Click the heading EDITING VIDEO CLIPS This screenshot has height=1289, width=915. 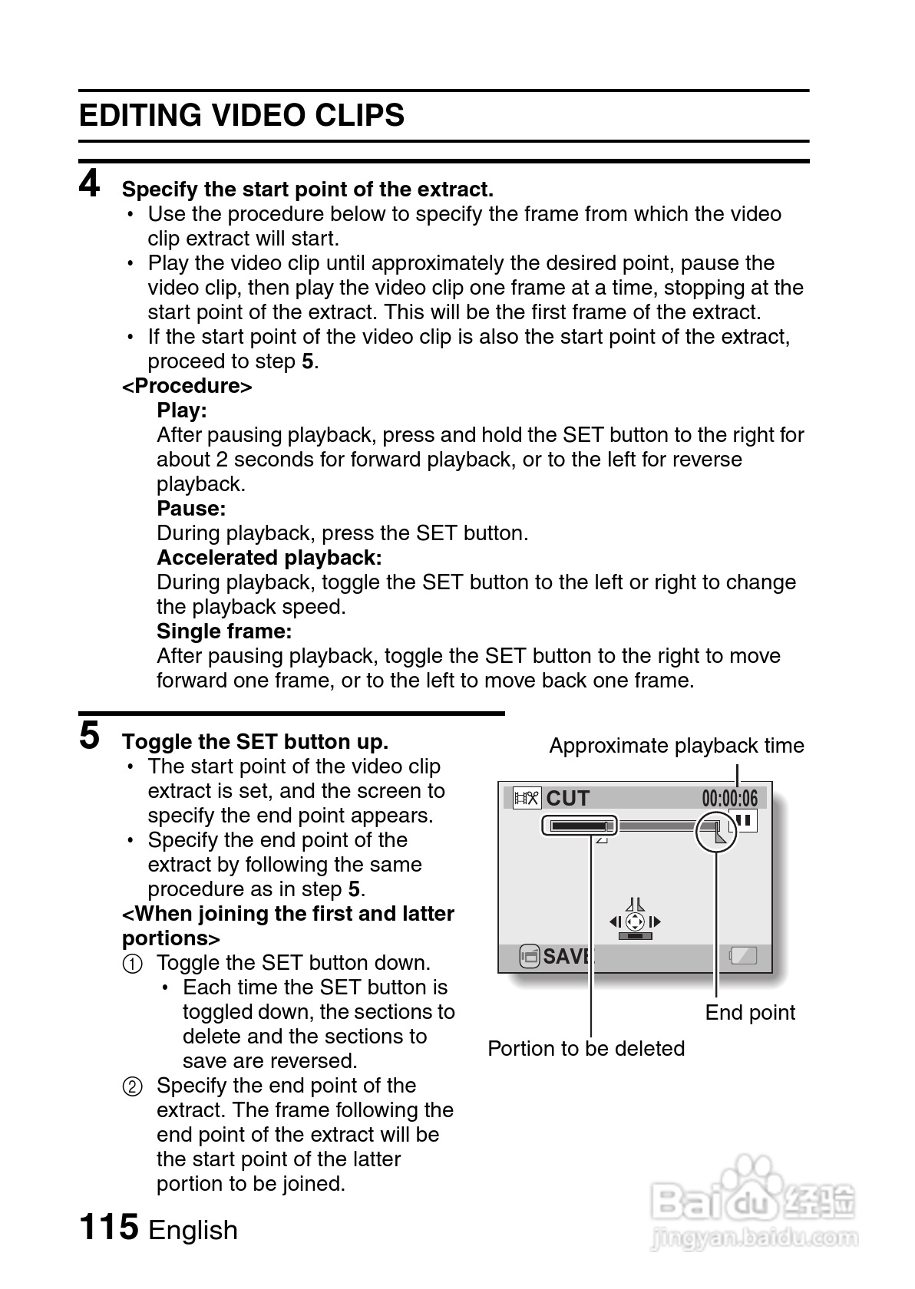[241, 116]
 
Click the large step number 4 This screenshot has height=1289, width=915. [90, 184]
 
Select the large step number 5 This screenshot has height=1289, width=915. [90, 736]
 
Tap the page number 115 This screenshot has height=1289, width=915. [108, 1227]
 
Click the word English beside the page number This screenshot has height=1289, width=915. [193, 1230]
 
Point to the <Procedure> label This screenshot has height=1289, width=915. [187, 386]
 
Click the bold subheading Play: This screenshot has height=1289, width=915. [182, 410]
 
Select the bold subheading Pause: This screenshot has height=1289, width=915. [191, 509]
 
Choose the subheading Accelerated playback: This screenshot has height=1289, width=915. [269, 558]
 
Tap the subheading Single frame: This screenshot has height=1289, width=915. [224, 631]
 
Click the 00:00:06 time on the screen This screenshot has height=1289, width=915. [728, 799]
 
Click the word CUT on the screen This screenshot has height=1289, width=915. [567, 799]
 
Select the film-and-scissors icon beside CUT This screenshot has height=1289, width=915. [527, 799]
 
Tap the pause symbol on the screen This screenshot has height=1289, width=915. [743, 821]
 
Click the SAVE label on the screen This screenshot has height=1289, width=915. [567, 956]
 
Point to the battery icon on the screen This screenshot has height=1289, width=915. [742, 956]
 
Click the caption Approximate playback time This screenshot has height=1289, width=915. [676, 746]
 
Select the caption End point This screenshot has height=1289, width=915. [750, 1013]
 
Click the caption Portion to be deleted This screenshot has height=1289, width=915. [586, 1049]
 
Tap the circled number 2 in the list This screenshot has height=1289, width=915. [133, 1086]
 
